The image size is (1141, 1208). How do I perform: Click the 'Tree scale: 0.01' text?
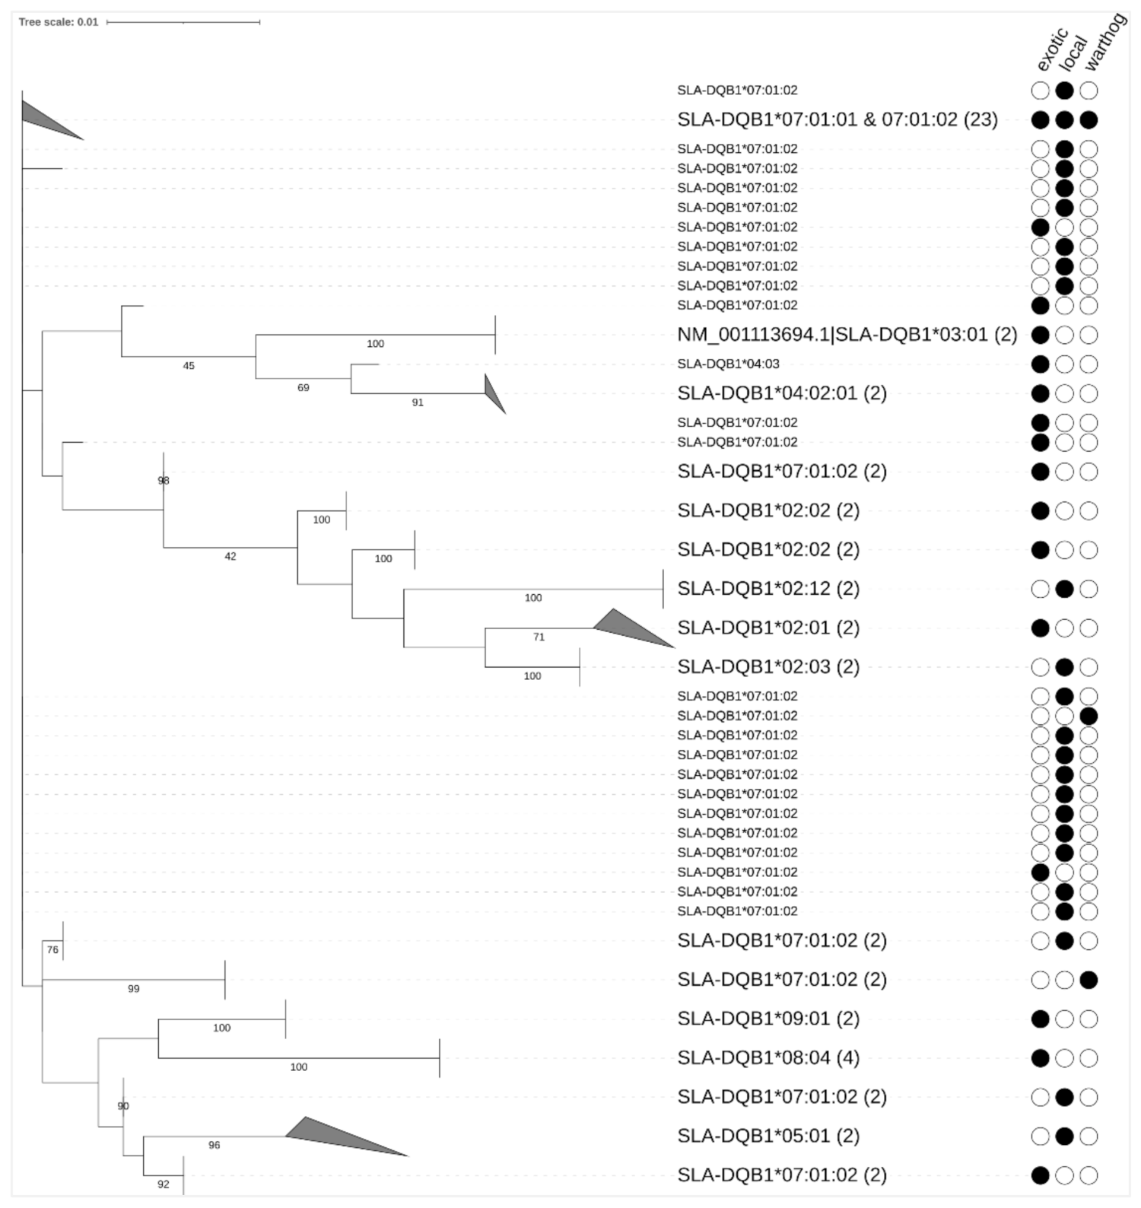(x=59, y=22)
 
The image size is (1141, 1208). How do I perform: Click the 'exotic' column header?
(x=1052, y=50)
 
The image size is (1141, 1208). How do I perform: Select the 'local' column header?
(x=1073, y=53)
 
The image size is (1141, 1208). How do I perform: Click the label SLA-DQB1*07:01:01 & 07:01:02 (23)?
(x=837, y=119)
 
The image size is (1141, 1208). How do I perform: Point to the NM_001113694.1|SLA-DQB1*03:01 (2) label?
(x=847, y=335)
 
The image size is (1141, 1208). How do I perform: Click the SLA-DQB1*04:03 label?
(x=728, y=364)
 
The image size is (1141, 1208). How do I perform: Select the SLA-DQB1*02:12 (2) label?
(x=768, y=589)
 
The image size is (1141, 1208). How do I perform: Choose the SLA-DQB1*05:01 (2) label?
(x=768, y=1136)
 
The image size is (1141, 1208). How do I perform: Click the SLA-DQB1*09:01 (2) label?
(x=768, y=1019)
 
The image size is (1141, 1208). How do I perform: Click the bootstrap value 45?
(x=189, y=366)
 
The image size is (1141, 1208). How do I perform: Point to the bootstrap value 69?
(x=304, y=388)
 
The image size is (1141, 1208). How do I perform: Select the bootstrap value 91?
(x=418, y=402)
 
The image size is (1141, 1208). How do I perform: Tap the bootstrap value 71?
(x=539, y=637)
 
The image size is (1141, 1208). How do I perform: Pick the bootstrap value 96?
(x=215, y=1146)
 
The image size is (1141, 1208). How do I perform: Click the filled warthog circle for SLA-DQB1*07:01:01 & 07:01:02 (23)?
(x=1089, y=119)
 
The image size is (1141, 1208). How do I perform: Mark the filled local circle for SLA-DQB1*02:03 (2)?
(x=1064, y=667)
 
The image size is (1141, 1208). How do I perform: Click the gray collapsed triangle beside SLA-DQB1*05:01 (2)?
(x=335, y=1136)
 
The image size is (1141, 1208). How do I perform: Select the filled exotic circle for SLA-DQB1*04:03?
(x=1040, y=364)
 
